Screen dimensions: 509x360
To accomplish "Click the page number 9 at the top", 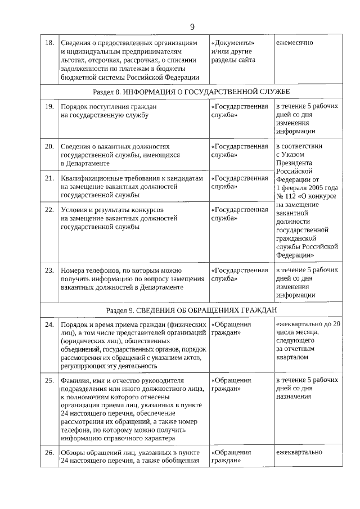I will [x=192, y=26].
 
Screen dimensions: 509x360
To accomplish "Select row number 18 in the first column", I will [x=49, y=43].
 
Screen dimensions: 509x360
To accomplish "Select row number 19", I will [x=49, y=106].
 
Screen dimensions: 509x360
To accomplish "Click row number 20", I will [x=49, y=146].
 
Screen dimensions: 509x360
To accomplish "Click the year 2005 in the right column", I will [x=316, y=187].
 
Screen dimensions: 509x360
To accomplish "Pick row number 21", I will [x=49, y=178].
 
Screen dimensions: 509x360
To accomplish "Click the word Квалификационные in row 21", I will [x=91, y=178].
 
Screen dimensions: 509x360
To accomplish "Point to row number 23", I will [x=49, y=270].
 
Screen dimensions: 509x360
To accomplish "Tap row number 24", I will [x=49, y=325].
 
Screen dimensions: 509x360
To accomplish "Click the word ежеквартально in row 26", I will [x=299, y=452].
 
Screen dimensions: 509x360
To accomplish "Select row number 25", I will [x=49, y=380].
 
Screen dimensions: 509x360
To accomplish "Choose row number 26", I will [x=49, y=452].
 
